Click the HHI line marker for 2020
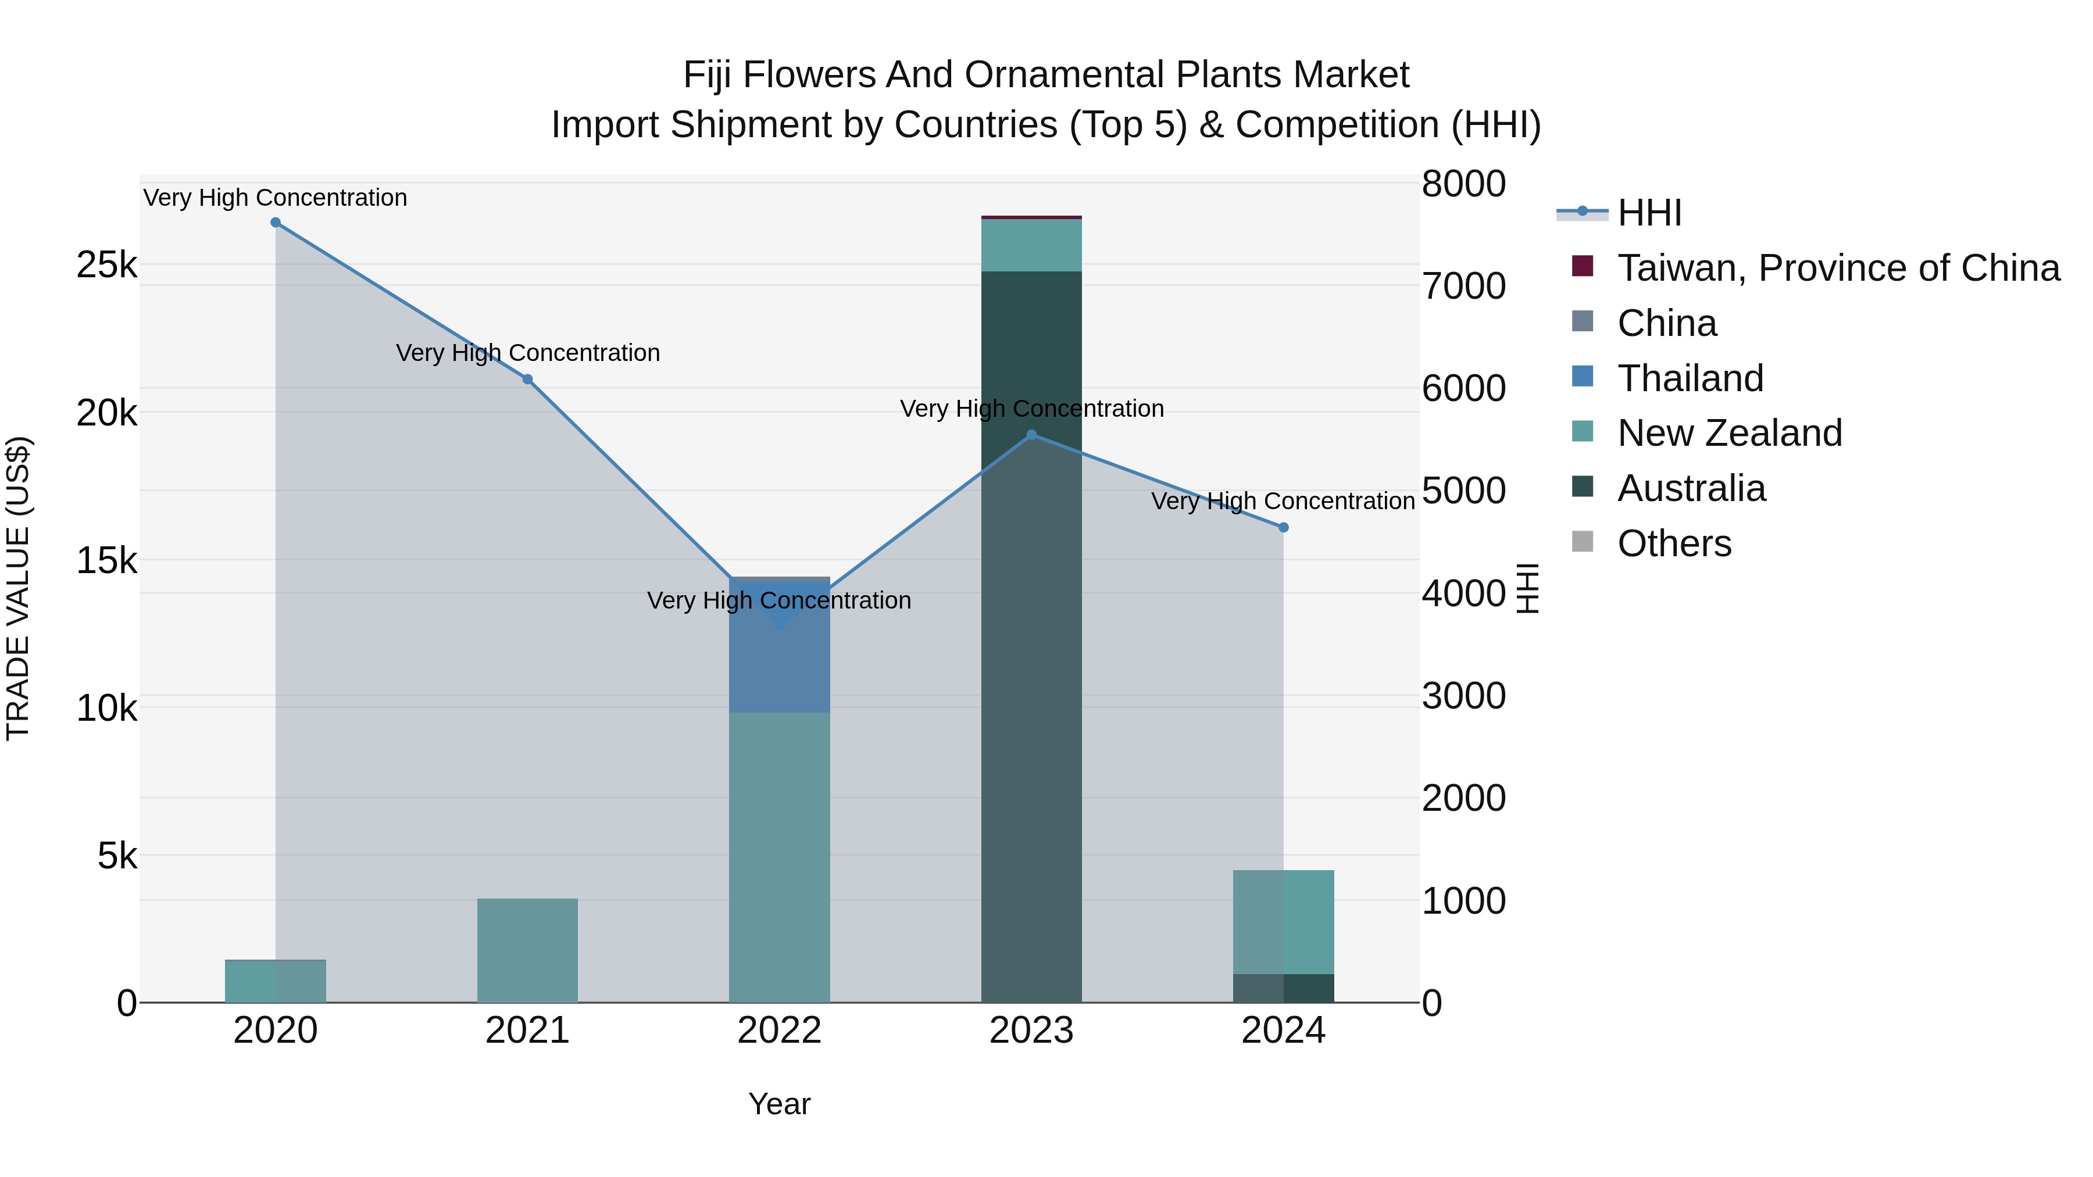pos(276,223)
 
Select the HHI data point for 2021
pos(527,380)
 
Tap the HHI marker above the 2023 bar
pos(1032,435)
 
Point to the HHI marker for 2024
pos(1284,527)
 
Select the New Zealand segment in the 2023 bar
pos(1032,245)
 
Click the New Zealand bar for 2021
pos(527,950)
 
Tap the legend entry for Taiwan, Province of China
pos(1838,268)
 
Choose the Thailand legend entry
pos(1690,378)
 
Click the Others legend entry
pos(1674,543)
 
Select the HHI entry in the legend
pos(1649,213)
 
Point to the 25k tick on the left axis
pos(106,265)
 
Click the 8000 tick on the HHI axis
pos(1463,184)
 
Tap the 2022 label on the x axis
pos(779,1031)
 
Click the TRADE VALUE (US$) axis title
pos(18,588)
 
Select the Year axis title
pos(779,1104)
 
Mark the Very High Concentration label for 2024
pos(1283,501)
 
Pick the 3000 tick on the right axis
pos(1463,696)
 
